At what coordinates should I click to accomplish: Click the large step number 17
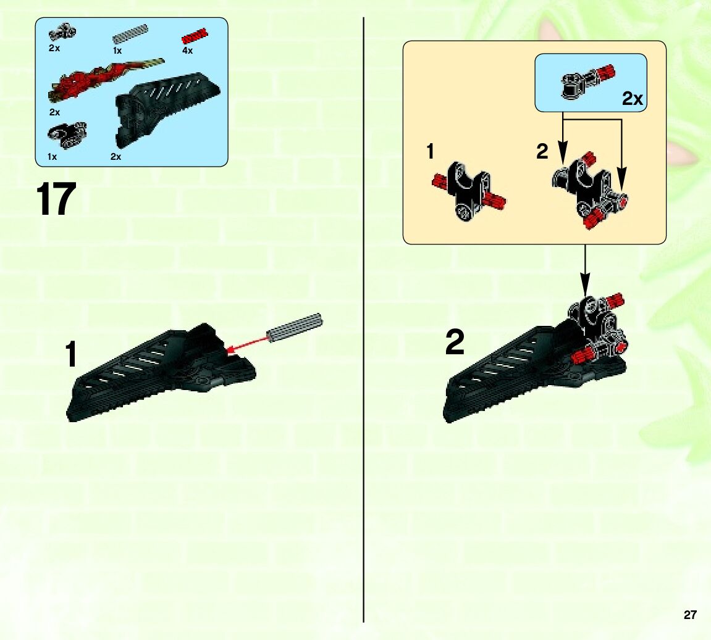pyautogui.click(x=56, y=199)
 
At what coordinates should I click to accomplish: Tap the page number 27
pyautogui.click(x=689, y=615)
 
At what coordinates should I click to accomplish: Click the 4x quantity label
pyautogui.click(x=187, y=50)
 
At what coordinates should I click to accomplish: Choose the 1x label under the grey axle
pyautogui.click(x=117, y=51)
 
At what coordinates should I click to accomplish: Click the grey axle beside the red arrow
pyautogui.click(x=295, y=327)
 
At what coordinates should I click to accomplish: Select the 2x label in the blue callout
pyautogui.click(x=632, y=98)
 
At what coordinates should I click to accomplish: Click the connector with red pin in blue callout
pyautogui.click(x=588, y=81)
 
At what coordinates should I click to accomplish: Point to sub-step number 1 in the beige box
pyautogui.click(x=431, y=151)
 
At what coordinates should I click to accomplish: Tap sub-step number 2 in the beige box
pyautogui.click(x=542, y=152)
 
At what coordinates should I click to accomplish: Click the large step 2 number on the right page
pyautogui.click(x=455, y=343)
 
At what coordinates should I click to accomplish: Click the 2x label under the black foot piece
pyautogui.click(x=116, y=157)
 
